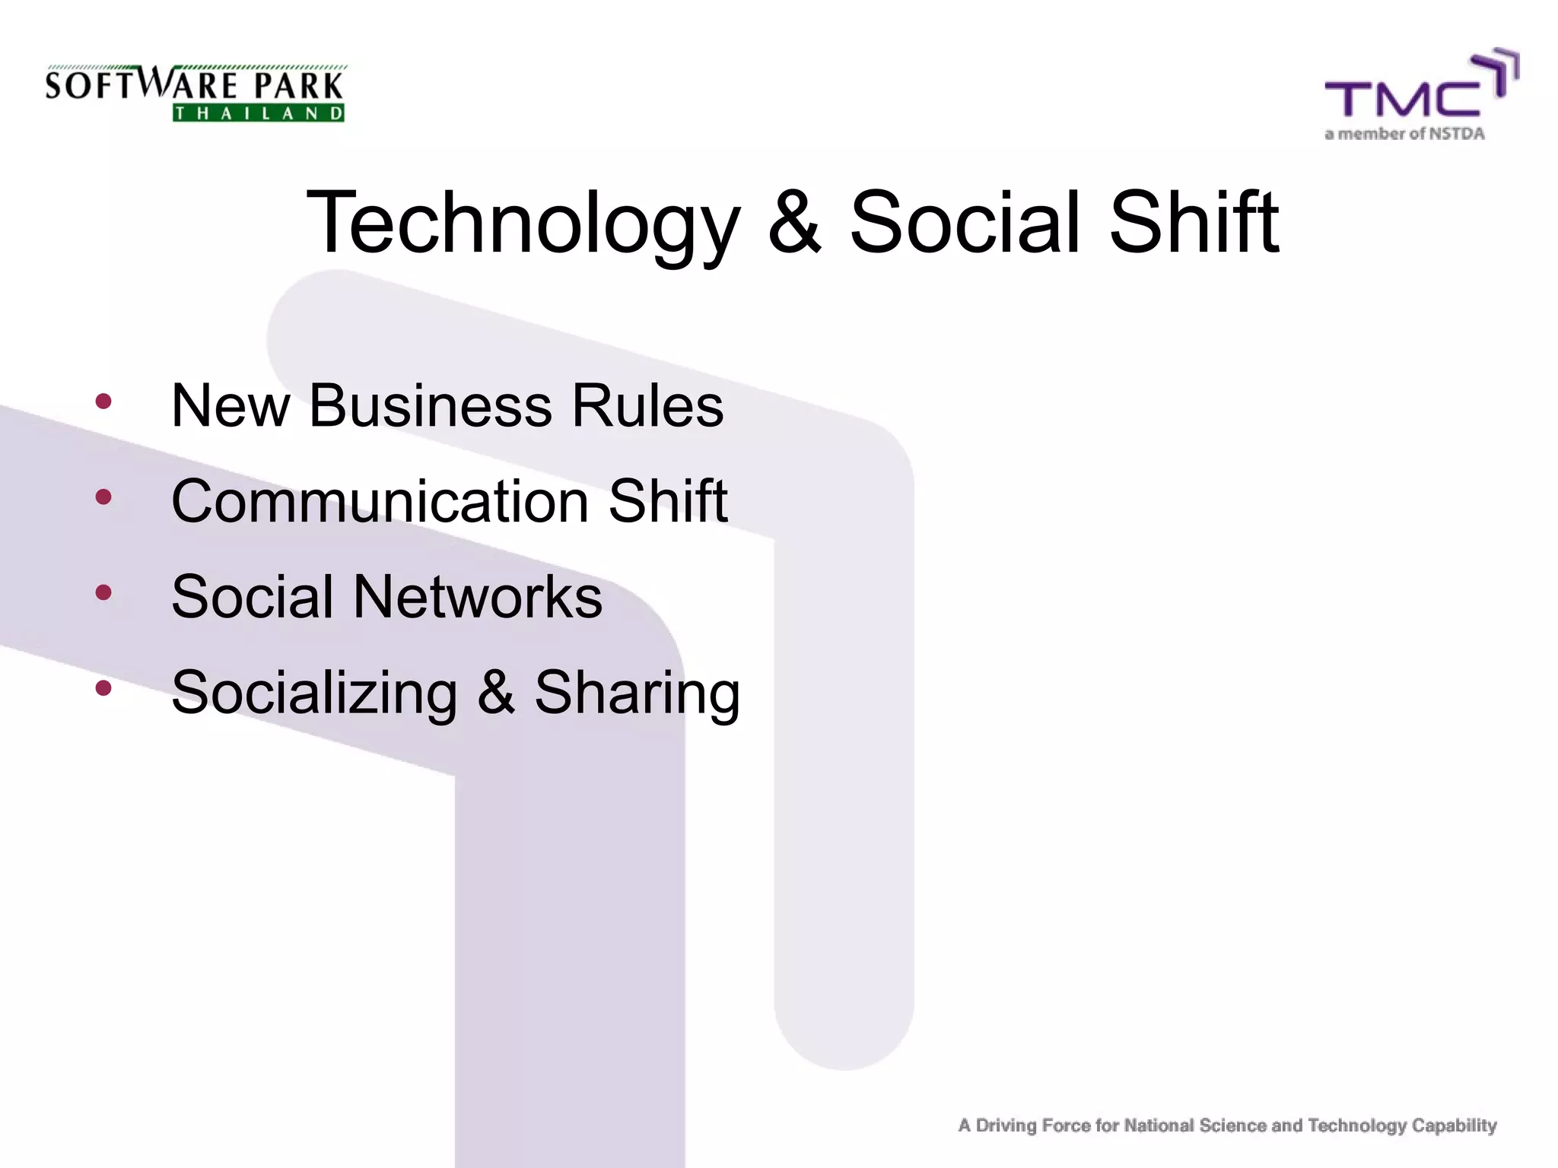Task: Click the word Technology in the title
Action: click(523, 224)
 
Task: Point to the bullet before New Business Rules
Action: click(103, 401)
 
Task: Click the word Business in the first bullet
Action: click(430, 405)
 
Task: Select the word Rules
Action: click(647, 405)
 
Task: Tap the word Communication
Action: click(380, 501)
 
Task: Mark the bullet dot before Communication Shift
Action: click(103, 497)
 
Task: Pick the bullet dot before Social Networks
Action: click(103, 592)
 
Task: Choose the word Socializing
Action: click(314, 693)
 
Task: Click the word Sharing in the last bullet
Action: click(637, 693)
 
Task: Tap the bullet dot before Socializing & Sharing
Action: click(103, 688)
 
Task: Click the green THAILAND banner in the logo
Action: click(259, 113)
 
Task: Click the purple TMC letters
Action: click(1404, 98)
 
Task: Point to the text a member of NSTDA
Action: click(1404, 135)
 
